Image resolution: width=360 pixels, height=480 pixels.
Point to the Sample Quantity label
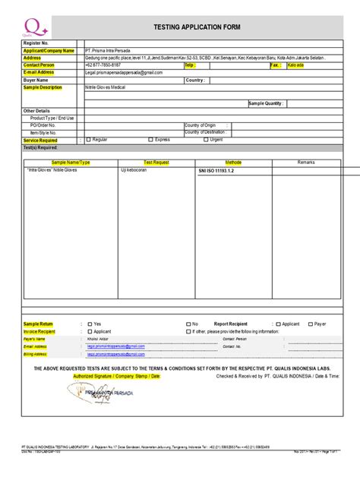[267, 103]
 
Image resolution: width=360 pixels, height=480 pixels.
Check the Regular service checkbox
[89, 140]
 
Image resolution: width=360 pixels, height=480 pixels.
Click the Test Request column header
[156, 163]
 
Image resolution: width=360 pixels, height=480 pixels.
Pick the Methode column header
[233, 163]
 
